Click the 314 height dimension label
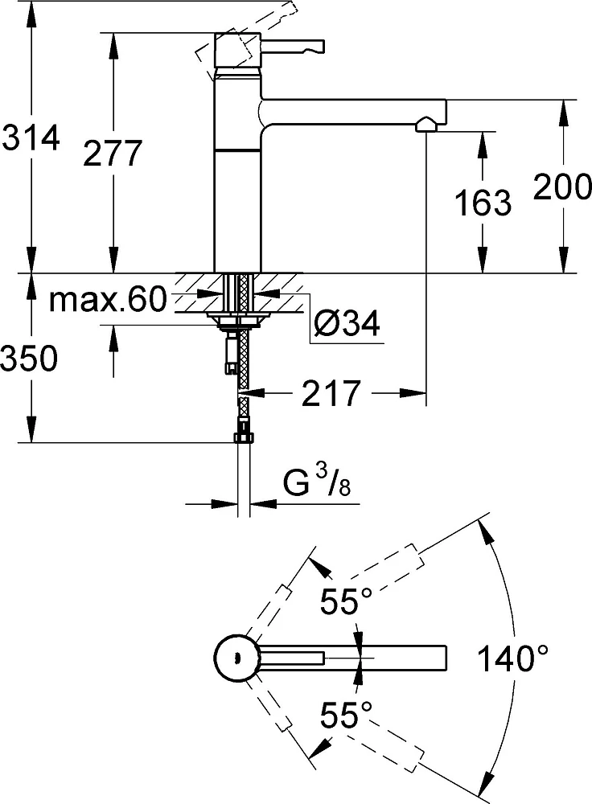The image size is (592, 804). [31, 138]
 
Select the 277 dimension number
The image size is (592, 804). [113, 153]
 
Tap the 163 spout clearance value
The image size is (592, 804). [483, 203]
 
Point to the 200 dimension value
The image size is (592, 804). [562, 187]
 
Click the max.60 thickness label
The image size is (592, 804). [109, 299]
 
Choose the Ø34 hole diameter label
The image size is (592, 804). [347, 323]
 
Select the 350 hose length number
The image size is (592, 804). [29, 358]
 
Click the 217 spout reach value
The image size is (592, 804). [331, 393]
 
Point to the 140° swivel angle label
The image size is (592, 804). [512, 658]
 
